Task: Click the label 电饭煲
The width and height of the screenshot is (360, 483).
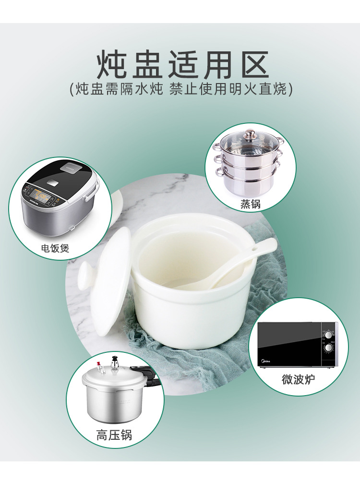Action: [x=55, y=248]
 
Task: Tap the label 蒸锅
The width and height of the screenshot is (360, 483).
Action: [x=250, y=204]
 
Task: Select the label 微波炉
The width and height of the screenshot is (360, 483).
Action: [x=298, y=379]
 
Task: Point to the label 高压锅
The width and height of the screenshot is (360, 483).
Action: [x=114, y=435]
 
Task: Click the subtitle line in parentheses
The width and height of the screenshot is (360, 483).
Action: [x=181, y=89]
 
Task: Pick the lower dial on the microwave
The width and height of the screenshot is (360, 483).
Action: [x=329, y=347]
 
